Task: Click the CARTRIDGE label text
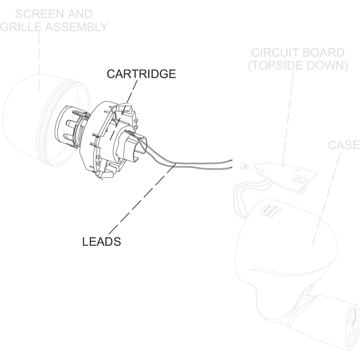141,74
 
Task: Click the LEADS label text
101,241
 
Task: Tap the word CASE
344,145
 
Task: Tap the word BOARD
324,53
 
